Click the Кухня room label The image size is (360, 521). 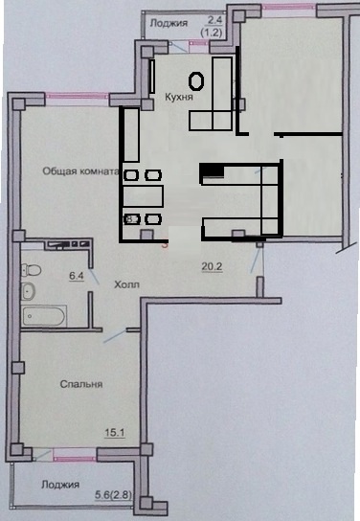(179, 97)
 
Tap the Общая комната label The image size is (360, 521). (80, 171)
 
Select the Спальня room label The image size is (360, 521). (81, 384)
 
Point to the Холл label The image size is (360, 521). (126, 284)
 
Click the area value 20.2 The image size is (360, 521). (213, 266)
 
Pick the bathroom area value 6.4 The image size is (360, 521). (77, 276)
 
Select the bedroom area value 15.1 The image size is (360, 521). (115, 433)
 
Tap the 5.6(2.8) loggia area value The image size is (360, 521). (113, 495)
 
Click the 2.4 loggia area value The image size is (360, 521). (214, 20)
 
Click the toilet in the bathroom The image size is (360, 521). (31, 269)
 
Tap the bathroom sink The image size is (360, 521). (28, 291)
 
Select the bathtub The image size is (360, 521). (43, 316)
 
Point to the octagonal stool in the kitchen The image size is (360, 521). (196, 80)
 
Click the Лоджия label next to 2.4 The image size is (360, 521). (169, 23)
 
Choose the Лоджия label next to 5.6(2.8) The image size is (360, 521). (60, 485)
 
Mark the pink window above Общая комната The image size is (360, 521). (78, 97)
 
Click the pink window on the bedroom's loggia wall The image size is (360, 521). (75, 454)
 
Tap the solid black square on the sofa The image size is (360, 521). (212, 170)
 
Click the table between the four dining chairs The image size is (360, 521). (144, 196)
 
